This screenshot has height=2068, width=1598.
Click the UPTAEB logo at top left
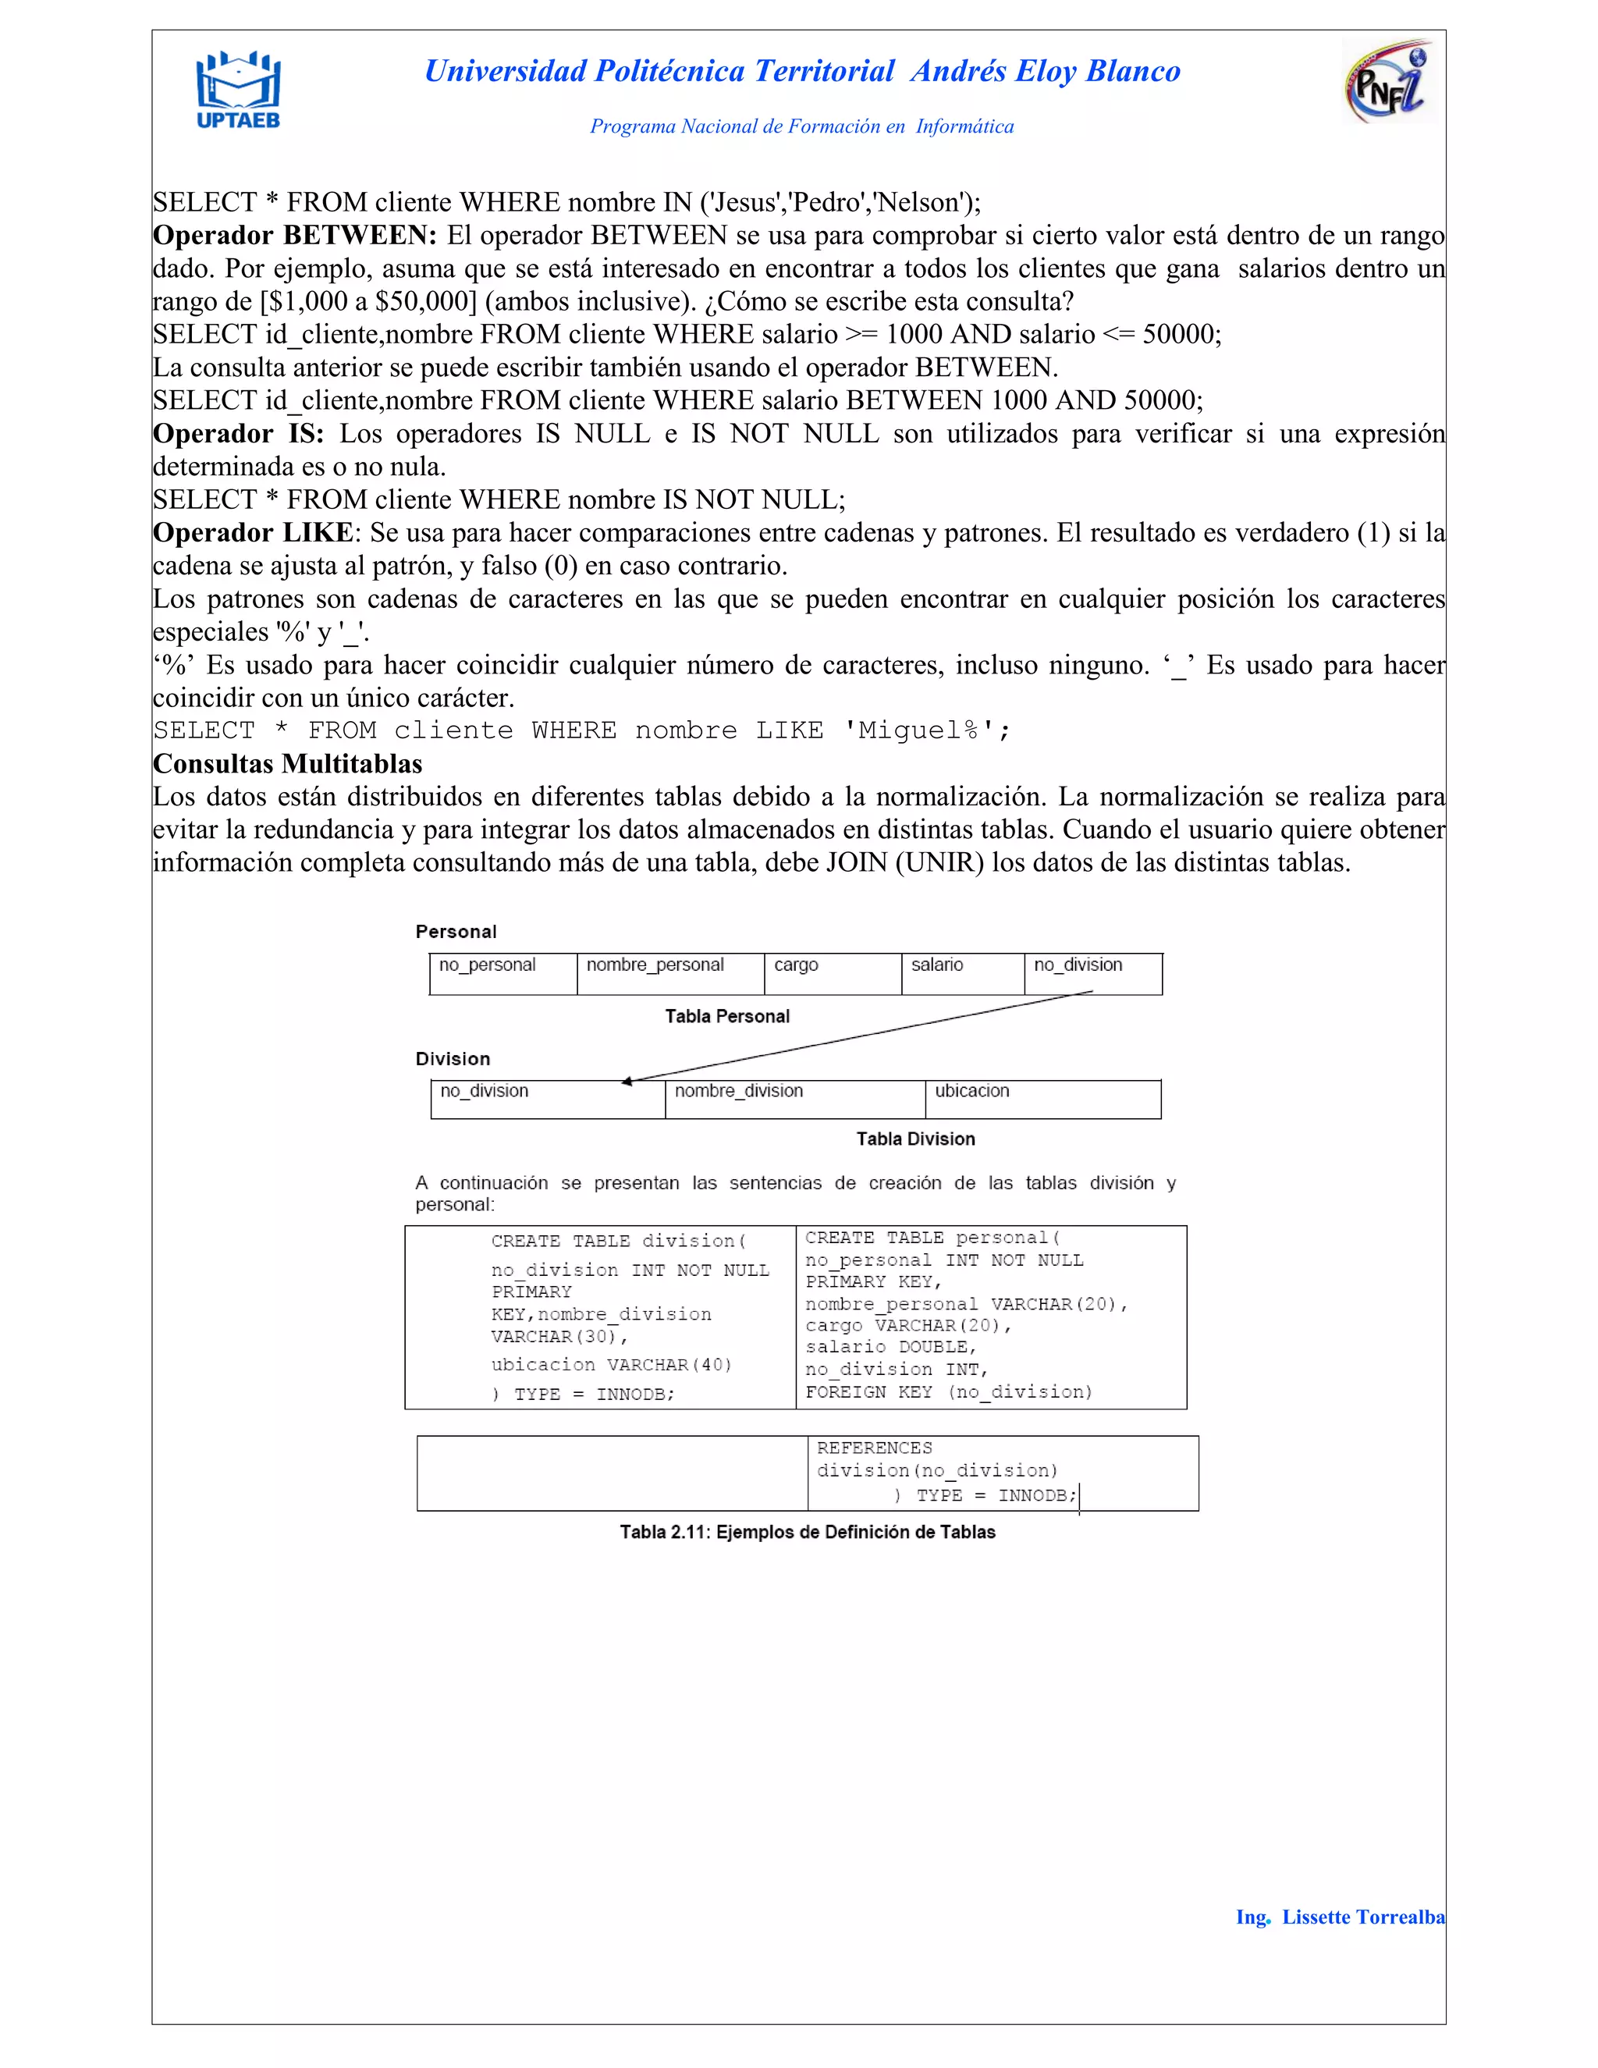coord(238,90)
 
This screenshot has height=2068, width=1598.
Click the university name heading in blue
coord(802,71)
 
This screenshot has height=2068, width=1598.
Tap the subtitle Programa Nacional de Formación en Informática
coord(802,126)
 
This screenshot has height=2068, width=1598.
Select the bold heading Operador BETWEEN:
coord(294,235)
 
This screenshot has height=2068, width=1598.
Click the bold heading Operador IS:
coord(239,434)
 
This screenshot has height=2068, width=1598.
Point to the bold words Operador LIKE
coord(253,533)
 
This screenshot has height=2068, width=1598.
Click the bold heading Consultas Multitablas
coord(288,764)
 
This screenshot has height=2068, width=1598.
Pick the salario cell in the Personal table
coord(962,973)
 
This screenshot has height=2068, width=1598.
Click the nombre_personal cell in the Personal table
coord(670,973)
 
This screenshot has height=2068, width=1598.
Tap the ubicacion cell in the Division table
coord(1042,1099)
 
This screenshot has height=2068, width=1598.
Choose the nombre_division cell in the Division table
coord(794,1099)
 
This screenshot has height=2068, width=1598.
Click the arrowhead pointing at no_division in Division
coord(627,1082)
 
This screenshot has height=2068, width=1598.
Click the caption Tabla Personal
coord(727,1016)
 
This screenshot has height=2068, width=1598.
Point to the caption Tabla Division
coord(915,1139)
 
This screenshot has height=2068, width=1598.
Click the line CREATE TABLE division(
coord(618,1241)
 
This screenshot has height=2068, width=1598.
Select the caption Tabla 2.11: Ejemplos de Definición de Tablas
coord(808,1532)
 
